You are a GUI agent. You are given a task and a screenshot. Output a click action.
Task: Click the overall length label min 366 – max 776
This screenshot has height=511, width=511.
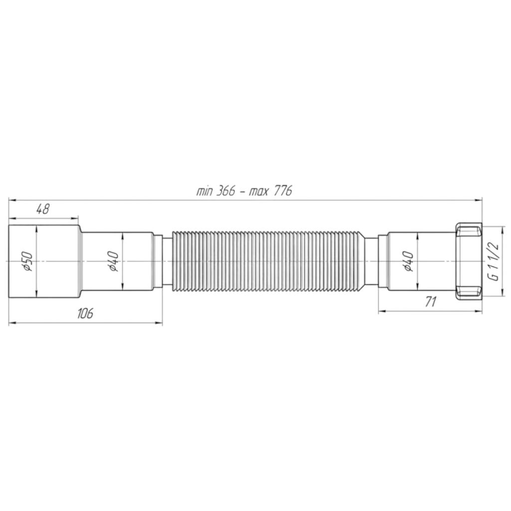click(244, 191)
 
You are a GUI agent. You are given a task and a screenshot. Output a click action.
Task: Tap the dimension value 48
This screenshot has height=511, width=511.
click(42, 209)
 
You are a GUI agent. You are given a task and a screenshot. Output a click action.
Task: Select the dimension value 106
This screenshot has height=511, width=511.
click(85, 313)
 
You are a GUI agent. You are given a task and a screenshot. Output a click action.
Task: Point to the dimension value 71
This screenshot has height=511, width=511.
click(431, 302)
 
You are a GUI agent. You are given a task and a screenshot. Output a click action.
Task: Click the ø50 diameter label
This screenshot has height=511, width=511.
click(28, 261)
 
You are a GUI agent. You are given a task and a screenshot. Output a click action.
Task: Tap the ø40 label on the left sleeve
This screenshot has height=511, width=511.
click(113, 261)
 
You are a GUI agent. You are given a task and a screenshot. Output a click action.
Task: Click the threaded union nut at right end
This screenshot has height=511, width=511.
click(468, 261)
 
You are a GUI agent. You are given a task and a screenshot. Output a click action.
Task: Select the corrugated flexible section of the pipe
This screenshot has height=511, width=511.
click(268, 261)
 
